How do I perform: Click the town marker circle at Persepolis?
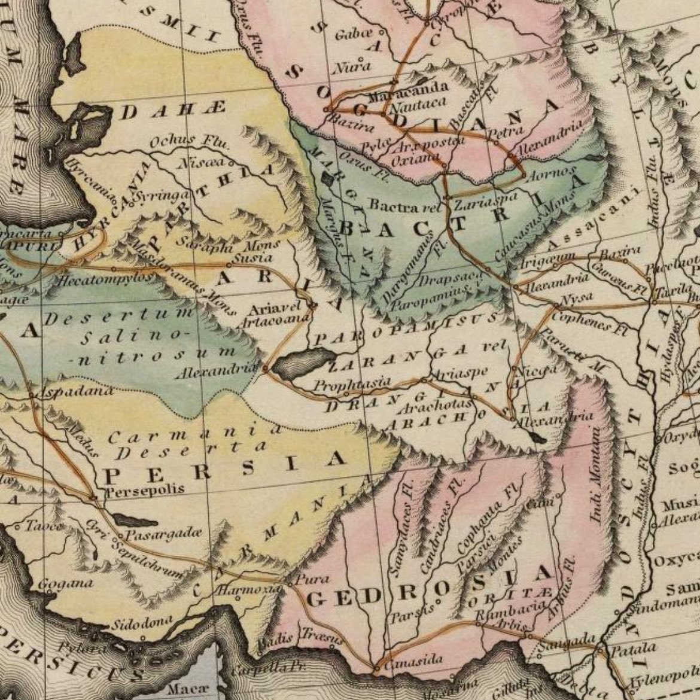pos(93,498)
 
